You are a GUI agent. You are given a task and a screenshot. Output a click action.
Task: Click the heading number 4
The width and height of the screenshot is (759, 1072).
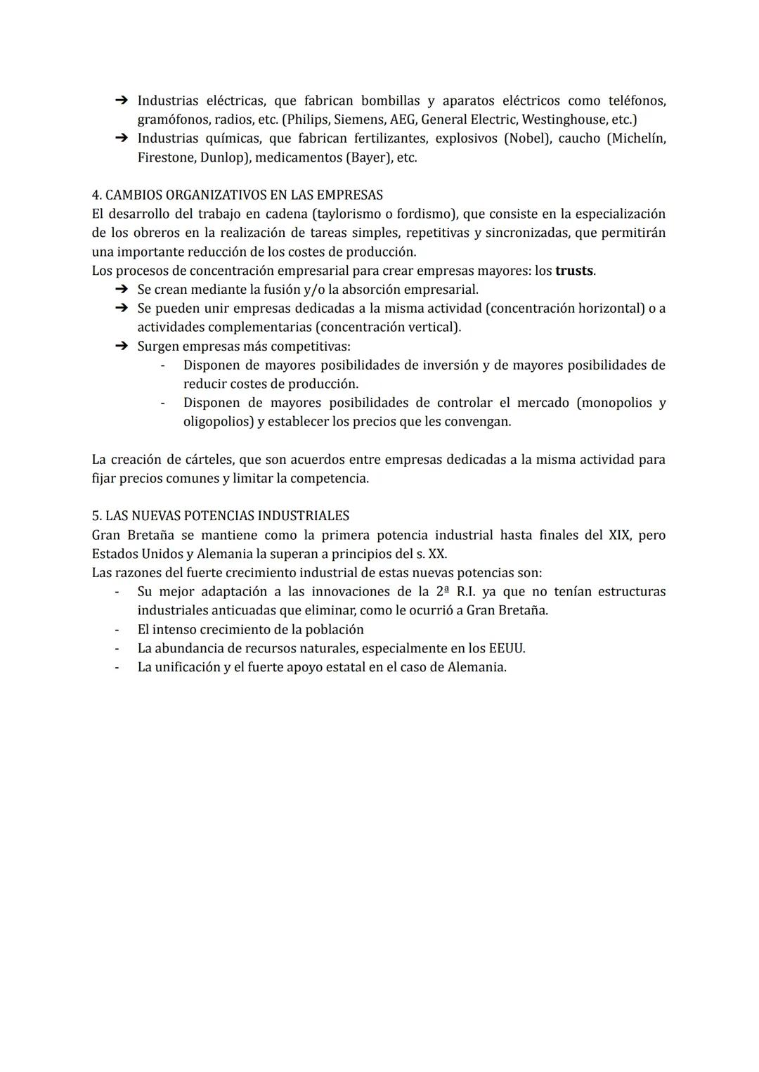tap(96, 195)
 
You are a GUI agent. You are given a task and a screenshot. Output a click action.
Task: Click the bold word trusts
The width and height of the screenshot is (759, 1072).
tap(574, 271)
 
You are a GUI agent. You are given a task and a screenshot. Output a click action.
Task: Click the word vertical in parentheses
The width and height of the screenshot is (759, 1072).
tap(435, 328)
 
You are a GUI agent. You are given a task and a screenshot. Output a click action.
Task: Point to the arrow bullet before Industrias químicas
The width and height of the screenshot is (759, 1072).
tap(120, 138)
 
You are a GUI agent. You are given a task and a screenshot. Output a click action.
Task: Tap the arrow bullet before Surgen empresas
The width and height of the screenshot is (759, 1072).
tap(120, 346)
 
